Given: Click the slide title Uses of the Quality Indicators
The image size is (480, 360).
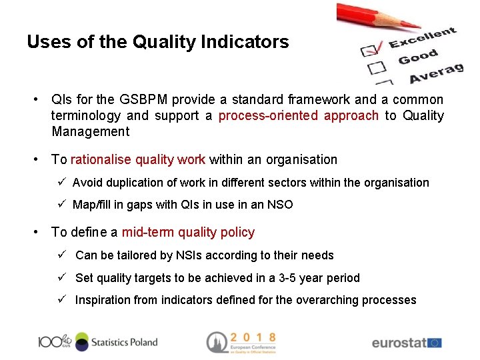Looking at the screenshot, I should pyautogui.click(x=158, y=42).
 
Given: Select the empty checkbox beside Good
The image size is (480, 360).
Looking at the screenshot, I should pyautogui.click(x=377, y=67).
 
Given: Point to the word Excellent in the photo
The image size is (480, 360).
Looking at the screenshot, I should pyautogui.click(x=423, y=38).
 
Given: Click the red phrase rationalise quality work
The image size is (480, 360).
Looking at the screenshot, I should pyautogui.click(x=138, y=160).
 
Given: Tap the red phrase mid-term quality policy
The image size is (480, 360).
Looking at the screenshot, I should pyautogui.click(x=188, y=233).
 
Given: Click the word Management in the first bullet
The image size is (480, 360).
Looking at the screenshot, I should pyautogui.click(x=90, y=132).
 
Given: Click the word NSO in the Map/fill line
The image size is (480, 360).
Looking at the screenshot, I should pyautogui.click(x=279, y=205).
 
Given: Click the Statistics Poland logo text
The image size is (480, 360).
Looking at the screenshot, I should pyautogui.click(x=124, y=342).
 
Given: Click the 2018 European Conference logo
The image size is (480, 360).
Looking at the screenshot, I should pyautogui.click(x=241, y=342).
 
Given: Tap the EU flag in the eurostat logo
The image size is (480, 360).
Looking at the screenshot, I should pyautogui.click(x=434, y=343).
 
